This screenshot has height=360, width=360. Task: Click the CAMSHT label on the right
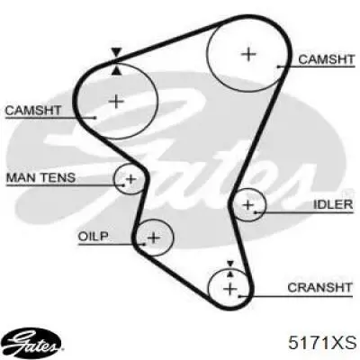[327, 59]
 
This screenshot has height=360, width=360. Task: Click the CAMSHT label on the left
[33, 111]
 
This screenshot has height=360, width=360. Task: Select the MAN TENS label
[40, 177]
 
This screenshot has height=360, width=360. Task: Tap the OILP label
[93, 236]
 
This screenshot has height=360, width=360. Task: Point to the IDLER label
[333, 204]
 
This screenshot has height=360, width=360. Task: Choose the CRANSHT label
[319, 287]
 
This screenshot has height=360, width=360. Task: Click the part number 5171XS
[322, 343]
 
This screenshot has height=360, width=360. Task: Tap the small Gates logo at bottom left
[33, 343]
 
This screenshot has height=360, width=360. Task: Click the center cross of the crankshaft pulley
[230, 289]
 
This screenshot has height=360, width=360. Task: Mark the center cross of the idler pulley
[248, 205]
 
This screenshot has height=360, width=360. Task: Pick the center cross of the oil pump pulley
[154, 238]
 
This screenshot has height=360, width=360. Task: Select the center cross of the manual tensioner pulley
[130, 179]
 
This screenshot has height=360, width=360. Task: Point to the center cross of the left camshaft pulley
[117, 101]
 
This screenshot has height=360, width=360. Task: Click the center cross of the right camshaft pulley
[248, 54]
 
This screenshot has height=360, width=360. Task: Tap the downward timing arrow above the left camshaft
[116, 52]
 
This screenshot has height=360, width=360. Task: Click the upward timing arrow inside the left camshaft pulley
[116, 71]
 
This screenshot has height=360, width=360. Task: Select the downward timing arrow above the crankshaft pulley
[230, 264]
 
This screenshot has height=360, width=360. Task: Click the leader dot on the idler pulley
[255, 212]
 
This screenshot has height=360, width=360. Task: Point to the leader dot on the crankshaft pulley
[238, 296]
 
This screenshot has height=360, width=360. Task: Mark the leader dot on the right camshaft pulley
[278, 67]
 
